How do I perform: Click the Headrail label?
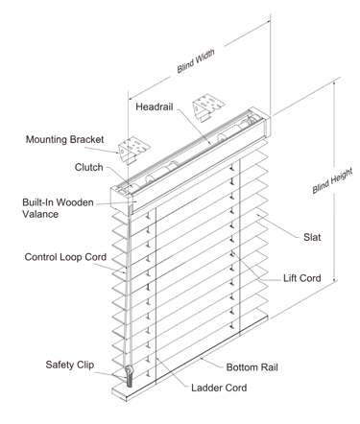pyautogui.click(x=155, y=106)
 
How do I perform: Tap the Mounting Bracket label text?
pyautogui.click(x=64, y=139)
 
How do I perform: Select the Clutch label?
pyautogui.click(x=88, y=167)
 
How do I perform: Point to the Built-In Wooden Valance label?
pyautogui.click(x=58, y=208)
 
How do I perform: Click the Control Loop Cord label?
pyautogui.click(x=65, y=257)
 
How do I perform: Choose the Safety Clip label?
pyautogui.click(x=70, y=365)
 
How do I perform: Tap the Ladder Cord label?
pyautogui.click(x=219, y=388)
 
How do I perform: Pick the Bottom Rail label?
pyautogui.click(x=252, y=367)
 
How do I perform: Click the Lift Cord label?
pyautogui.click(x=302, y=278)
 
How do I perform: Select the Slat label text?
pyautogui.click(x=312, y=237)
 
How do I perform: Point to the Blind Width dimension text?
pyautogui.click(x=196, y=60)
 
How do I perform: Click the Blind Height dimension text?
pyautogui.click(x=332, y=180)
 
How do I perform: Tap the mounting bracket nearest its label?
pyautogui.click(x=133, y=150)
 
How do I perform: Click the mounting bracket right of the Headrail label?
pyautogui.click(x=208, y=107)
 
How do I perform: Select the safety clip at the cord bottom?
pyautogui.click(x=130, y=376)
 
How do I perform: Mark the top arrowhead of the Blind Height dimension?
pyautogui.click(x=335, y=83)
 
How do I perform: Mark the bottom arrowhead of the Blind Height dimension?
pyautogui.click(x=335, y=279)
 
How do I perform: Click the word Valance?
pyautogui.click(x=40, y=214)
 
